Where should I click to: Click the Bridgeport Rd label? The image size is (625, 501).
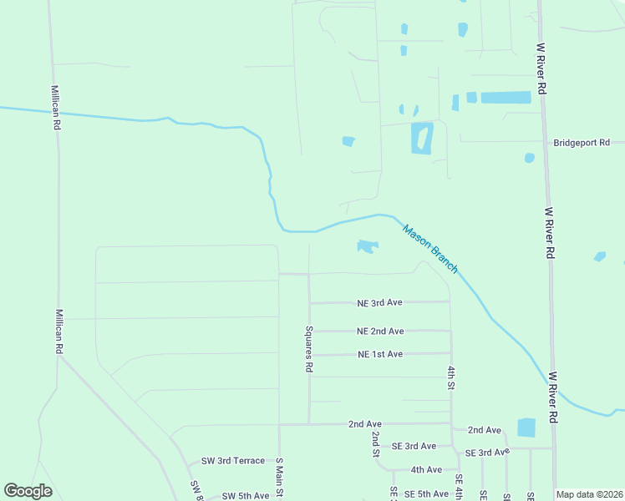click(x=582, y=143)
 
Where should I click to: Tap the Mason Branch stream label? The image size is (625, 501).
click(x=430, y=248)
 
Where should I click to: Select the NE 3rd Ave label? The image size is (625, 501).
click(x=380, y=302)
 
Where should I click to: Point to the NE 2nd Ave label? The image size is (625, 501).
click(x=380, y=331)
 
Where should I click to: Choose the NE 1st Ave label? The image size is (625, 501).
click(x=380, y=354)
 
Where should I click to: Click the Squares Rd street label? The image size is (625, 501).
click(x=309, y=348)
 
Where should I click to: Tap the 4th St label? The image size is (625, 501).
click(x=450, y=377)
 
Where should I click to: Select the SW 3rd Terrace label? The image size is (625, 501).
click(x=233, y=461)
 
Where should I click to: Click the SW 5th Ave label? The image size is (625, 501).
click(x=246, y=496)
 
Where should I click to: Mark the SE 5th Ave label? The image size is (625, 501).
click(x=426, y=493)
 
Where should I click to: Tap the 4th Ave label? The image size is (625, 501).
click(x=426, y=469)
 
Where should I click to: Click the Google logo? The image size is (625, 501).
click(x=28, y=491)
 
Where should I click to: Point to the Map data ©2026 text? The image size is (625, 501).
click(x=589, y=494)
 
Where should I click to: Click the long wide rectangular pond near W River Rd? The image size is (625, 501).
click(x=506, y=98)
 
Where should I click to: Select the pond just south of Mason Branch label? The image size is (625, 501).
click(x=367, y=245)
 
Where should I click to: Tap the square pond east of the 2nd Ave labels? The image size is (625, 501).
click(x=526, y=428)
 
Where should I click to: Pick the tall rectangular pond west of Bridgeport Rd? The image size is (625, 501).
click(x=422, y=138)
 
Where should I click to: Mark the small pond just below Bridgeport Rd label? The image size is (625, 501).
click(x=529, y=158)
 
